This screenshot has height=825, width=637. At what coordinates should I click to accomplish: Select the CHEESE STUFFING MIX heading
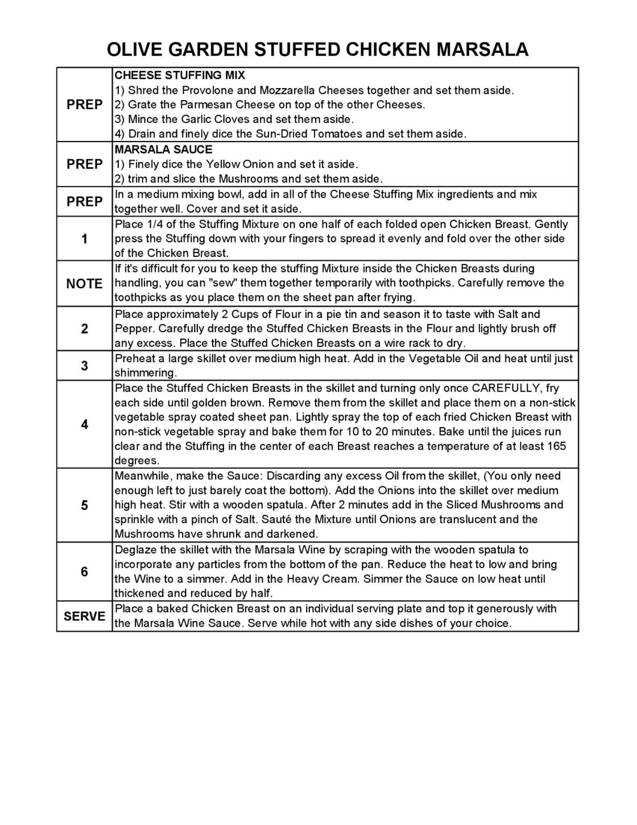tap(180, 75)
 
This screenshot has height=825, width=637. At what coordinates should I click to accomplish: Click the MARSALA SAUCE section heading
tap(164, 150)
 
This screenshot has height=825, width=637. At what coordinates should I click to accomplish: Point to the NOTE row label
tap(84, 283)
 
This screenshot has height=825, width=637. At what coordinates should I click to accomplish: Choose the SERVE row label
tap(84, 616)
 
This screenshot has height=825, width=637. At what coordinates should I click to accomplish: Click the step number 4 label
tap(84, 424)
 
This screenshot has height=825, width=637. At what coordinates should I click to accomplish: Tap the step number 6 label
tap(84, 571)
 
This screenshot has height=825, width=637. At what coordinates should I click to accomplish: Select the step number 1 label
tap(84, 238)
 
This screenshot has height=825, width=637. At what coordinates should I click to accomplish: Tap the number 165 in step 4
tap(557, 446)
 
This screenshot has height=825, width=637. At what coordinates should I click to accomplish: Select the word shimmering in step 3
tap(145, 373)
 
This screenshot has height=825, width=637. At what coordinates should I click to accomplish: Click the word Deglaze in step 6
tap(135, 550)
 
